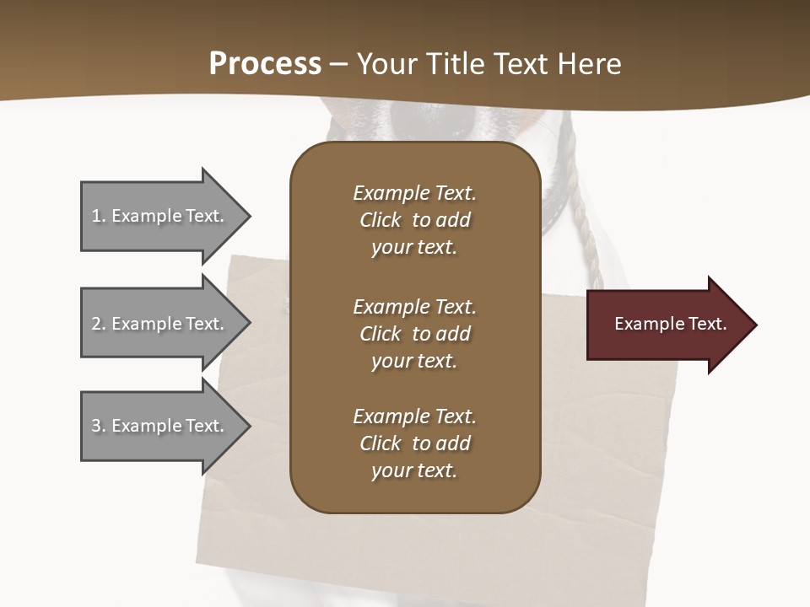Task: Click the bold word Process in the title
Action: (265, 64)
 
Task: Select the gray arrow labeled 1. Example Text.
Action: (160, 216)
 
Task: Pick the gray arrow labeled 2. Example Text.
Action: (160, 324)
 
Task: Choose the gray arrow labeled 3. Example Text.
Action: (160, 426)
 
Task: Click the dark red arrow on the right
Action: (667, 324)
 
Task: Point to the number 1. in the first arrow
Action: (98, 216)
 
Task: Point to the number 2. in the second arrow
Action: (98, 324)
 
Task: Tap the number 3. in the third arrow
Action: (98, 426)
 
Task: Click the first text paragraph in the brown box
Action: (414, 220)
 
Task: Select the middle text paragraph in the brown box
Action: (414, 333)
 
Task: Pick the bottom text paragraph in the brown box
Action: (414, 443)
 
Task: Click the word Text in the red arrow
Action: (707, 324)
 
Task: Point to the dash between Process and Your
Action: (338, 65)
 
